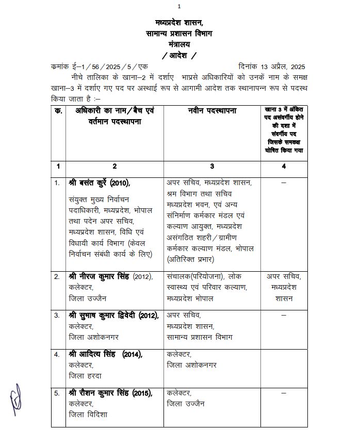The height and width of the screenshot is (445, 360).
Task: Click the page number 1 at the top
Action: coord(179,6)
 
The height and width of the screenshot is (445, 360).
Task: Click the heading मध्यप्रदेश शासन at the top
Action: coord(179,23)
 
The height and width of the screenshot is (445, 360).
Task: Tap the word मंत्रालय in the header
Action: coord(179,44)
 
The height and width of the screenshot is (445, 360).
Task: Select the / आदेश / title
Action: coord(179,55)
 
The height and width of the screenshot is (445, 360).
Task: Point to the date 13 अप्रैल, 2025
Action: coord(273,67)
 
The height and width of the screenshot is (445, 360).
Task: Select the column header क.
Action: coord(58,111)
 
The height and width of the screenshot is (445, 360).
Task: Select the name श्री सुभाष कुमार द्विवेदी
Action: coord(112,315)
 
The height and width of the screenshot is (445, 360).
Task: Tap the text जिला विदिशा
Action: coord(88,415)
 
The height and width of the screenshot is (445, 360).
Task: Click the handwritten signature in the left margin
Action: coord(15,401)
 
